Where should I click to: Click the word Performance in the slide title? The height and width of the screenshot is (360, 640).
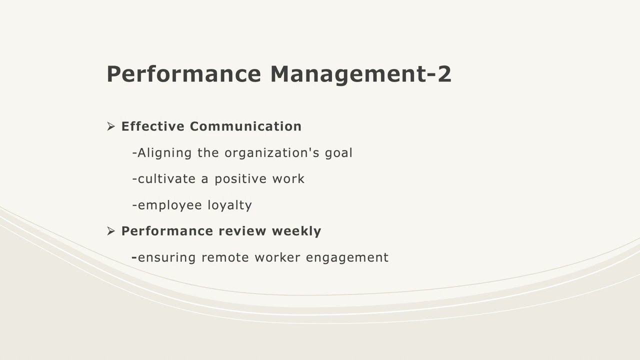click(183, 74)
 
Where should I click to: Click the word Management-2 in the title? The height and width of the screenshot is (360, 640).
click(360, 74)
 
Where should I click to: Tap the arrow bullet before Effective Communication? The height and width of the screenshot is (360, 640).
click(111, 126)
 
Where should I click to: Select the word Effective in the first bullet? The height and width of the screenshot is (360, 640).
click(153, 126)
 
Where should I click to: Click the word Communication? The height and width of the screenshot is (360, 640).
click(245, 126)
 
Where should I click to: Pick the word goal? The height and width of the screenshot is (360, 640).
click(338, 153)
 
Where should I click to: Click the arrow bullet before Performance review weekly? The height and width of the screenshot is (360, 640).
click(111, 231)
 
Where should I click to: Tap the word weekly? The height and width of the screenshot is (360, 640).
click(296, 231)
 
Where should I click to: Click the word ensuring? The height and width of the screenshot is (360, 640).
click(166, 257)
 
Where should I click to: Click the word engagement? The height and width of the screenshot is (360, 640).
click(347, 258)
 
